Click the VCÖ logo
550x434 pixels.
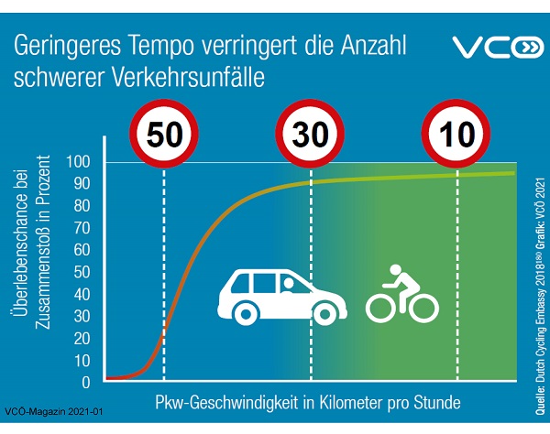tap(499, 49)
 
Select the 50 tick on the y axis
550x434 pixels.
tap(82, 273)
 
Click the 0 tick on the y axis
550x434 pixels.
tap(86, 382)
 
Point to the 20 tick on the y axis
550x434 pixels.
tap(82, 339)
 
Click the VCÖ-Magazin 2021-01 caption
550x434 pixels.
tap(55, 413)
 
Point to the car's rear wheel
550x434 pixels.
tap(244, 313)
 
